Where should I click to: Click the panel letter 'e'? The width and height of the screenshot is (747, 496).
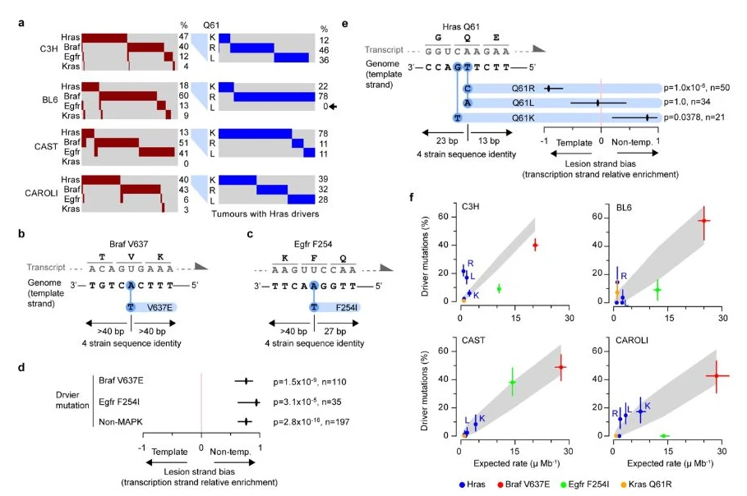point(344,24)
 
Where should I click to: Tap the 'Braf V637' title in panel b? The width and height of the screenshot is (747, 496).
point(129,244)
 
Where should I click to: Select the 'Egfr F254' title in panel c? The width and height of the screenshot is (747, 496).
point(313,244)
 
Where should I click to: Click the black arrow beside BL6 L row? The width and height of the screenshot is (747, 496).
point(333,106)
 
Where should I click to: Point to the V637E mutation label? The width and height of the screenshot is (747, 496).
point(159,307)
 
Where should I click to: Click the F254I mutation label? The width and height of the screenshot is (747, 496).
point(346,307)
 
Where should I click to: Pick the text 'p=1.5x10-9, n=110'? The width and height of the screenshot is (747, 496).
point(310,382)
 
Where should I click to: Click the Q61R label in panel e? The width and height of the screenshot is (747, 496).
point(523,88)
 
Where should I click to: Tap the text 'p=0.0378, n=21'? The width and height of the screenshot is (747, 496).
point(694,117)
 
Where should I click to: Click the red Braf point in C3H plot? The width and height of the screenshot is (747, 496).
point(536,246)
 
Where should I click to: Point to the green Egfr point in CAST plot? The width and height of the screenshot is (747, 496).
point(513,382)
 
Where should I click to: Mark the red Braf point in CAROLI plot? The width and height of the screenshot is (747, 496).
point(716,376)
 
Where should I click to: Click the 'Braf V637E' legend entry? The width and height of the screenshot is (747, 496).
point(523,485)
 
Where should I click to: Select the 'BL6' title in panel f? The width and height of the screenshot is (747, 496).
point(624,208)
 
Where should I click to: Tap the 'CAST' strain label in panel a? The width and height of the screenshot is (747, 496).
point(46,147)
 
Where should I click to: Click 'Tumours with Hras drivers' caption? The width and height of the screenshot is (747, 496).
point(265,214)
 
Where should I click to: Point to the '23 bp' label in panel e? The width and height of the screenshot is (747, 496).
point(447,140)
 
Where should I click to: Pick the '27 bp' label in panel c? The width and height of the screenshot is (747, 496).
point(335,331)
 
